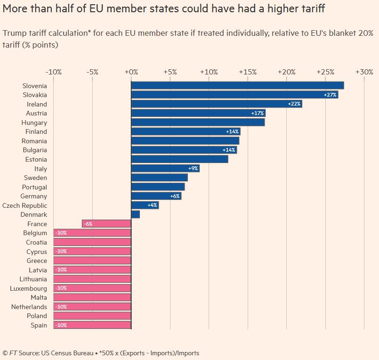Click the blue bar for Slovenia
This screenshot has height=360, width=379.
pyautogui.click(x=237, y=85)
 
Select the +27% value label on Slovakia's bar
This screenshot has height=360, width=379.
pyautogui.click(x=330, y=95)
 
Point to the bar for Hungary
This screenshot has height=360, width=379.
pyautogui.click(x=198, y=123)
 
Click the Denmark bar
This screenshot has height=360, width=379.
pyautogui.click(x=136, y=214)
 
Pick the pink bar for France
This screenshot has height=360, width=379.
pyautogui.click(x=106, y=224)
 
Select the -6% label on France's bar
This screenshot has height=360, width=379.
pyautogui.click(x=88, y=224)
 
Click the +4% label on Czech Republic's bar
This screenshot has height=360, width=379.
pyautogui.click(x=152, y=205)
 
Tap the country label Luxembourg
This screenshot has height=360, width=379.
pyautogui.click(x=28, y=288)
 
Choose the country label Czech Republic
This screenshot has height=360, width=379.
pyautogui.click(x=24, y=205)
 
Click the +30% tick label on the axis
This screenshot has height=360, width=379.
pyautogui.click(x=364, y=72)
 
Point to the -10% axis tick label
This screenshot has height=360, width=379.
pyautogui.click(x=53, y=72)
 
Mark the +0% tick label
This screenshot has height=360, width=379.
pyautogui.click(x=131, y=72)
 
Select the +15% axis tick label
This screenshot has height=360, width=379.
pyautogui.click(x=248, y=72)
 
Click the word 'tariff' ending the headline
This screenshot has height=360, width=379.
pyautogui.click(x=311, y=8)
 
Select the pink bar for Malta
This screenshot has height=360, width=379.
pyautogui.click(x=92, y=297)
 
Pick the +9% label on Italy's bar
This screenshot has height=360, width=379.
pyautogui.click(x=193, y=169)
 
